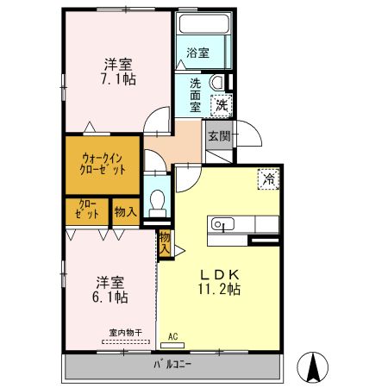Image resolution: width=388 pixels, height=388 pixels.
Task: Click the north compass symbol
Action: (313, 367)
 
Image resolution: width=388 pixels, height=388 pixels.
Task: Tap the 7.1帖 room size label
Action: (118, 78)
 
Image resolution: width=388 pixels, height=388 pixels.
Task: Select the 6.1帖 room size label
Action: (110, 297)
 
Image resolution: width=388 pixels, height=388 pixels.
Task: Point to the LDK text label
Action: (220, 275)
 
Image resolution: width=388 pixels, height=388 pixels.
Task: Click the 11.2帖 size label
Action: (219, 289)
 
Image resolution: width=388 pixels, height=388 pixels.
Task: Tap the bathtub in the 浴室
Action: (204, 23)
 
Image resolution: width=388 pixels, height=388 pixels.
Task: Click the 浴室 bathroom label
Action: (197, 53)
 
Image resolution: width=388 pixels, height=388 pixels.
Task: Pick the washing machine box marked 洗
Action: (222, 105)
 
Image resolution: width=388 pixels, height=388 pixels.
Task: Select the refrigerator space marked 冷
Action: (268, 179)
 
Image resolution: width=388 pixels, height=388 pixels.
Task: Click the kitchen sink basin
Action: (222, 224)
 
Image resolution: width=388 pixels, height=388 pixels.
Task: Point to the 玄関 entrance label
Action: (220, 136)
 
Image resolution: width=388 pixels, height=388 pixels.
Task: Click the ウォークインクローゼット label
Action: (103, 164)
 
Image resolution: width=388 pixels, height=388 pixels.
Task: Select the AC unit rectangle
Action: (172, 346)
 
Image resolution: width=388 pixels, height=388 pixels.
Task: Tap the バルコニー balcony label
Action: (172, 365)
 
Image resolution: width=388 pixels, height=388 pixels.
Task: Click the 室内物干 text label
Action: (126, 333)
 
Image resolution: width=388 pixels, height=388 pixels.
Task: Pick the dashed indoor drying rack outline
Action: (126, 342)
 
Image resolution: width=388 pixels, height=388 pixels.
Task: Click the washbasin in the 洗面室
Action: (216, 82)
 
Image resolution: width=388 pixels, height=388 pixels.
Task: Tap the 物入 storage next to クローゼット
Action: (126, 212)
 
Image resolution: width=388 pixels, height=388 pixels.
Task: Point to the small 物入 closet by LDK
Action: (165, 244)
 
